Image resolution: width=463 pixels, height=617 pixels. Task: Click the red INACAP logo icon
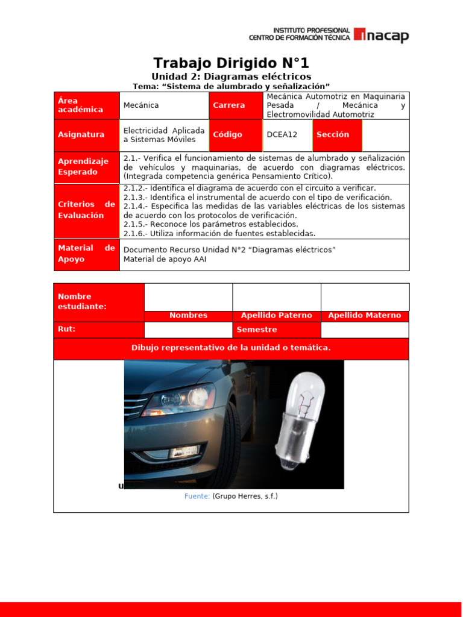(x=359, y=35)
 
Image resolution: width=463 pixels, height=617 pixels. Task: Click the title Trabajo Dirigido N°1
(x=231, y=63)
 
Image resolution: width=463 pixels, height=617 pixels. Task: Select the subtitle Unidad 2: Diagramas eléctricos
(x=231, y=77)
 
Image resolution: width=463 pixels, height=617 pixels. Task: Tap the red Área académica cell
(x=86, y=105)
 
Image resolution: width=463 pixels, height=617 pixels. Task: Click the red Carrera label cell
(x=236, y=105)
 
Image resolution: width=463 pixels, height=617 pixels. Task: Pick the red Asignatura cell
(x=86, y=135)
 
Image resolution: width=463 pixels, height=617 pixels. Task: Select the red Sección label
(x=337, y=135)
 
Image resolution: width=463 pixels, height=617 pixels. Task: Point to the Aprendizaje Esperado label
(x=86, y=167)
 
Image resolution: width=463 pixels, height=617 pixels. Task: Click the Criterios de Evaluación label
(x=86, y=210)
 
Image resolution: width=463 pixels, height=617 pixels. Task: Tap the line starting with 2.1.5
(x=210, y=224)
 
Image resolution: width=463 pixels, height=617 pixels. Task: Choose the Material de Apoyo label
(x=86, y=254)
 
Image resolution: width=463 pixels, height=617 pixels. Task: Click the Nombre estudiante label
(x=99, y=302)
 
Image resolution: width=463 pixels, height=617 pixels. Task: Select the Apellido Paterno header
(x=276, y=316)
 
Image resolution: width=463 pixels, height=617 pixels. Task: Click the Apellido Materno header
(x=364, y=316)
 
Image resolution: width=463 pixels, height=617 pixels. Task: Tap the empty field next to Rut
(x=188, y=330)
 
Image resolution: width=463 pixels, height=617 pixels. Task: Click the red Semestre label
(x=276, y=330)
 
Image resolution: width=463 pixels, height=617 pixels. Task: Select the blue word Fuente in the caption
(x=197, y=496)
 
